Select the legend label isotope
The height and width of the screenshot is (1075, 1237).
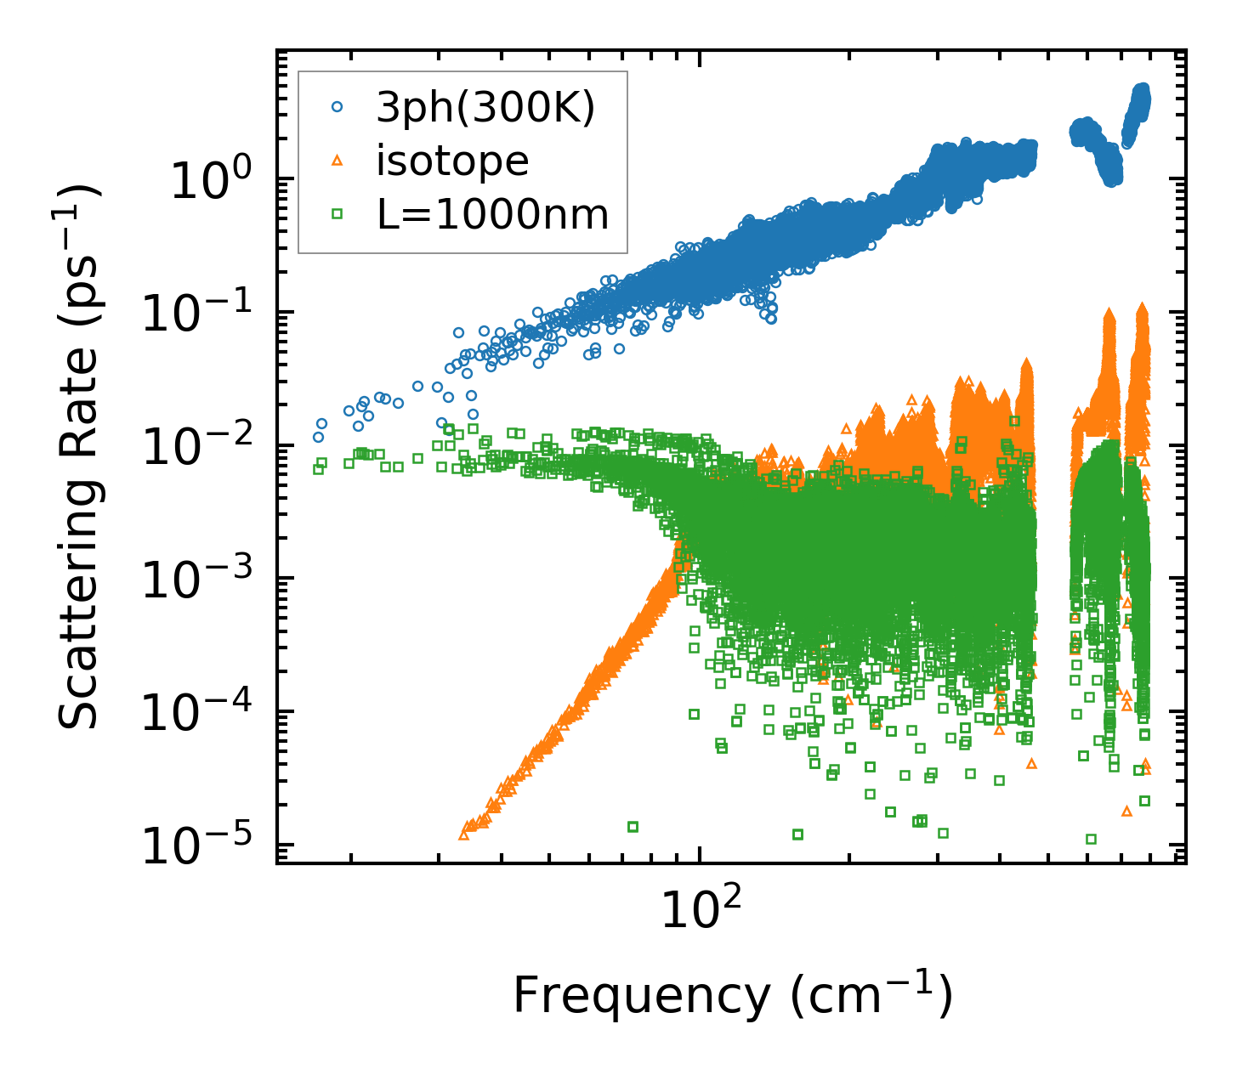pos(452,161)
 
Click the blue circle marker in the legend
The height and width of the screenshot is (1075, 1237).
pos(338,108)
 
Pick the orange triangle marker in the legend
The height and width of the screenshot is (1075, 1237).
pos(338,161)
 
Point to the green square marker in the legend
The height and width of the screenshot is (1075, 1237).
pos(338,214)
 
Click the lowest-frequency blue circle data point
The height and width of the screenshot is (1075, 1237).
pos(319,438)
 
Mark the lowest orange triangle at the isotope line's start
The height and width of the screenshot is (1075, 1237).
pos(464,835)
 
